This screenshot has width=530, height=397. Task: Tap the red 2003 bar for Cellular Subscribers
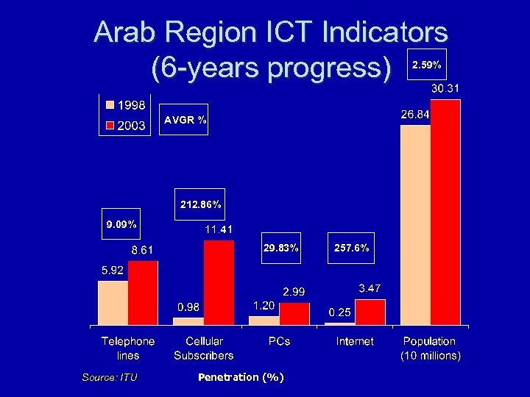tap(219, 282)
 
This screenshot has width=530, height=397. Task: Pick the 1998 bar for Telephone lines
tap(113, 302)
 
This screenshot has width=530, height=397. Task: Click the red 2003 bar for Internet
tap(370, 312)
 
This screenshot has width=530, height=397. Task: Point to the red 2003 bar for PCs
tap(294, 313)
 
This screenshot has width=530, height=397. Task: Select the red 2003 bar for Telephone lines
tap(143, 293)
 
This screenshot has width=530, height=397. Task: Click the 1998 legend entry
tap(126, 104)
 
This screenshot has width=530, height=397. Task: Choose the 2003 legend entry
tap(126, 125)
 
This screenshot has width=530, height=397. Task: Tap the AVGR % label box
tap(185, 120)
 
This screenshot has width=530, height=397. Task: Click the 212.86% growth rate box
tap(200, 203)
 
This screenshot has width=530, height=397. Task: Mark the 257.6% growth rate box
tap(351, 248)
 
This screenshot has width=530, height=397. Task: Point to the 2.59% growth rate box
tap(426, 65)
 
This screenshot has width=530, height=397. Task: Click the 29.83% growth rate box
tap(280, 248)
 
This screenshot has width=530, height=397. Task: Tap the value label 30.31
tap(445, 89)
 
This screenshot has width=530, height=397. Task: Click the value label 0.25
tap(339, 312)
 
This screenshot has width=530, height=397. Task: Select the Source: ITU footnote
tap(109, 377)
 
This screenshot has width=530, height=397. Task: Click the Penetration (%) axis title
tap(241, 377)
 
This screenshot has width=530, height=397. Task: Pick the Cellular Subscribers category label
tap(204, 348)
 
